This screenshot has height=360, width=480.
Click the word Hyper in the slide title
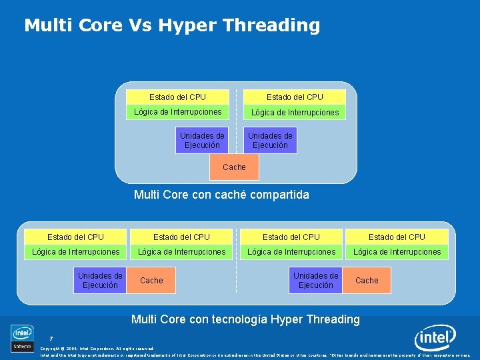pyautogui.click(x=190, y=25)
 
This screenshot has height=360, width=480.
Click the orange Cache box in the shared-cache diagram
pyautogui.click(x=233, y=167)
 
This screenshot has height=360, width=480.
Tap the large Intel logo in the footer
pyautogui.click(x=435, y=338)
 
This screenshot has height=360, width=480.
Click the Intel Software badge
pyautogui.click(x=22, y=338)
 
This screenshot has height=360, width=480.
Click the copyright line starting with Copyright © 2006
pyautogui.click(x=97, y=348)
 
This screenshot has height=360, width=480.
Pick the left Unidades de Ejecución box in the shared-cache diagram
pyautogui.click(x=202, y=140)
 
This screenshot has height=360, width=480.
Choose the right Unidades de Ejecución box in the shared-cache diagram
pyautogui.click(x=270, y=140)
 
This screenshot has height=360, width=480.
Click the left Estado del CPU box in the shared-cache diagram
pyautogui.click(x=177, y=97)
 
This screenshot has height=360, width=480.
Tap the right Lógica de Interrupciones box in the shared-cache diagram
pyautogui.click(x=295, y=112)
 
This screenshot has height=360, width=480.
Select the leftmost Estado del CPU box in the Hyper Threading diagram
pyautogui.click(x=76, y=237)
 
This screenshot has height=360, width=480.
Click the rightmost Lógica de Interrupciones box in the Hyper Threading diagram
pyautogui.click(x=397, y=251)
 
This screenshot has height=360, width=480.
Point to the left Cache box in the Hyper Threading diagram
pyautogui.click(x=151, y=281)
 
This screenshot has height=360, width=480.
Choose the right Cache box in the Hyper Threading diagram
pyautogui.click(x=367, y=281)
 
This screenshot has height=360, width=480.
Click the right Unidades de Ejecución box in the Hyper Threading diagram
pyautogui.click(x=315, y=281)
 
